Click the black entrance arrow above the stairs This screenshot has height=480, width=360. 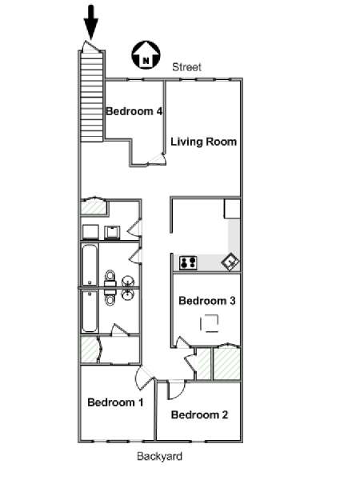pyautogui.click(x=91, y=22)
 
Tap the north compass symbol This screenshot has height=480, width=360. pyautogui.click(x=146, y=54)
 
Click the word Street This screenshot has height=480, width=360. pyautogui.click(x=186, y=67)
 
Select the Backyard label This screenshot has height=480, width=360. pyautogui.click(x=159, y=456)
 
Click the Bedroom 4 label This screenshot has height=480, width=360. pyautogui.click(x=134, y=111)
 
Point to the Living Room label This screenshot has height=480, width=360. pyautogui.click(x=203, y=142)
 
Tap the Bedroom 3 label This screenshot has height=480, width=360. pyautogui.click(x=207, y=301)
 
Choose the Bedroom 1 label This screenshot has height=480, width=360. pyautogui.click(x=115, y=402)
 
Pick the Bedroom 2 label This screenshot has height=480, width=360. pyautogui.click(x=199, y=414)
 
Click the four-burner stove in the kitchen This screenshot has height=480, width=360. pyautogui.click(x=188, y=263)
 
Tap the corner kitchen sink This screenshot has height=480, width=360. pyautogui.click(x=230, y=262)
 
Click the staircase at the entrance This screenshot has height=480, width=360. pyautogui.click(x=91, y=96)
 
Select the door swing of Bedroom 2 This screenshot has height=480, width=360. pyautogui.click(x=176, y=390)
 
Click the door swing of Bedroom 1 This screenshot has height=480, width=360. pyautogui.click(x=144, y=378)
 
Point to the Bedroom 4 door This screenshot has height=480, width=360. pyautogui.click(x=157, y=159)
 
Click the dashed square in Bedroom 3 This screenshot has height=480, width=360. pyautogui.click(x=209, y=323)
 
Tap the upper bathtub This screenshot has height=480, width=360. pyautogui.click(x=90, y=265)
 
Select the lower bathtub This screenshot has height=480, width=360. pyautogui.click(x=90, y=311)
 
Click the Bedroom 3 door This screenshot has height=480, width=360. pyautogui.click(x=183, y=342)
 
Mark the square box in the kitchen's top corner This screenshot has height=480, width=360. pyautogui.click(x=232, y=209)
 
